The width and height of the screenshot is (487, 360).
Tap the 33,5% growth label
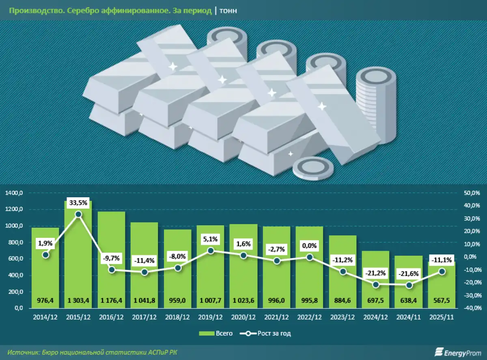(x=78, y=203)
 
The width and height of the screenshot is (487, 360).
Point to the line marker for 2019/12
(x=211, y=251)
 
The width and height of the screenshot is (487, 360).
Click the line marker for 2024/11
(x=409, y=285)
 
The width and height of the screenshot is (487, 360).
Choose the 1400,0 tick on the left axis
(x=15, y=193)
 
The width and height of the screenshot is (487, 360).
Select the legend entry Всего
(x=216, y=334)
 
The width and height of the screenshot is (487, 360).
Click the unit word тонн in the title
(x=228, y=11)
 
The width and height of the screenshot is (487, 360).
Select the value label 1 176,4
(x=111, y=301)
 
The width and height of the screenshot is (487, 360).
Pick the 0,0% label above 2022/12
(x=310, y=246)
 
